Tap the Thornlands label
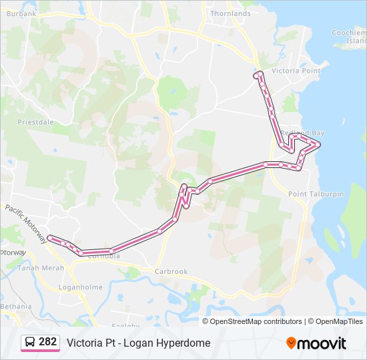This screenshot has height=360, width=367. click(x=230, y=13)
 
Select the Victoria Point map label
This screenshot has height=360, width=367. click(x=296, y=71)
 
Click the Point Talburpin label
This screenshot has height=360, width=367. click(x=316, y=194)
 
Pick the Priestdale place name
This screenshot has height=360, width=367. click(x=35, y=123)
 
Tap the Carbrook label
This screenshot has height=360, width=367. click(x=171, y=271)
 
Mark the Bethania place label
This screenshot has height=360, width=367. click(x=15, y=306)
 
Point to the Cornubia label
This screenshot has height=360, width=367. click(x=104, y=255)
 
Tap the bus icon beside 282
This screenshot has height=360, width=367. click(x=30, y=342)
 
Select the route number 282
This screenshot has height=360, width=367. click(x=47, y=342)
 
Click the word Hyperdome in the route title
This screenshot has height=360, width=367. click(x=184, y=343)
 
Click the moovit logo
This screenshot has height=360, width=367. click(x=316, y=343)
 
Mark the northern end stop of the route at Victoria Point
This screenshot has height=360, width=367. click(x=256, y=76)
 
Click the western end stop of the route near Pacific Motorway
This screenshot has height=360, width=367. click(x=50, y=237)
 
